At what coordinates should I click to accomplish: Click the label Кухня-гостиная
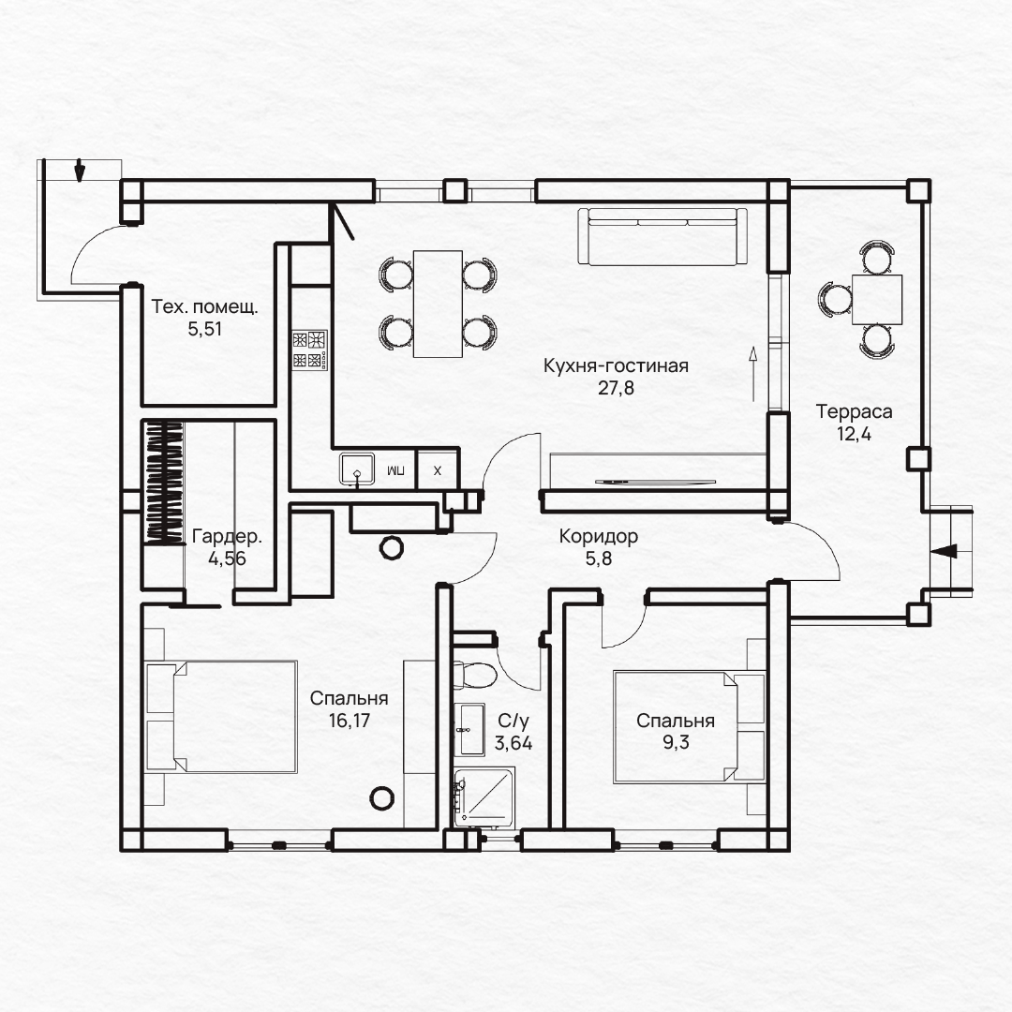click(x=616, y=366)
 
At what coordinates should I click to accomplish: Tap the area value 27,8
click(x=616, y=388)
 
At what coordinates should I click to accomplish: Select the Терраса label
click(x=854, y=411)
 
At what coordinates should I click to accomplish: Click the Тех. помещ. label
click(x=204, y=306)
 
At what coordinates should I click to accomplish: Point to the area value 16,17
click(x=350, y=721)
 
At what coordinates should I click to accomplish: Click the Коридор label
click(x=598, y=536)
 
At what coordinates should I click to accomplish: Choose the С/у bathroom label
click(x=513, y=721)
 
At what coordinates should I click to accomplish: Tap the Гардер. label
click(x=227, y=536)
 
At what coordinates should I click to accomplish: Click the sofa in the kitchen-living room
click(x=662, y=236)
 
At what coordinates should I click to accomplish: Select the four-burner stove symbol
click(x=310, y=350)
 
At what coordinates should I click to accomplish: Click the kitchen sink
click(x=357, y=469)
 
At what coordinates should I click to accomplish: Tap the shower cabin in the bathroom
click(x=484, y=797)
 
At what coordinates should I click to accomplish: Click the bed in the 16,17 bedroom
click(x=221, y=716)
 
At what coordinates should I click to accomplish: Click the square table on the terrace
click(x=877, y=300)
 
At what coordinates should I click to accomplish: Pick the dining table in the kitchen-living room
click(x=438, y=304)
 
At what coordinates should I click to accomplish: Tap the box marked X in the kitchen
click(x=437, y=470)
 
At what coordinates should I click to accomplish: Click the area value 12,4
click(x=854, y=435)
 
